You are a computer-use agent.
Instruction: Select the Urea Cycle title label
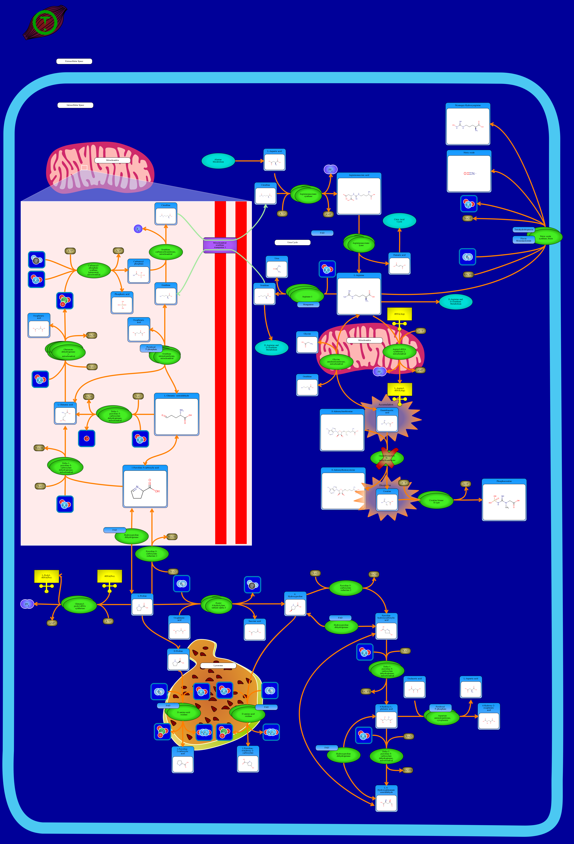[x=292, y=242]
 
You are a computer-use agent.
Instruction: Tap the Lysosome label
[x=218, y=665]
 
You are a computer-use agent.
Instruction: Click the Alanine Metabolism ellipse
[x=218, y=161]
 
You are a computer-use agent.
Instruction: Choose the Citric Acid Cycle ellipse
[x=399, y=220]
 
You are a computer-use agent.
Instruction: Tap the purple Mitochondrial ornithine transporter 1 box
[x=220, y=245]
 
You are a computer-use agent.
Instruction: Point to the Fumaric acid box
[x=399, y=264]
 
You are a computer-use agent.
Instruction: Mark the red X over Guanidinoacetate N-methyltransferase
[x=387, y=458]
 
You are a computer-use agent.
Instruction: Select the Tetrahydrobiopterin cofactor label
[x=523, y=230]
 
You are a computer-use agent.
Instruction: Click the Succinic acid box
[x=255, y=630]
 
